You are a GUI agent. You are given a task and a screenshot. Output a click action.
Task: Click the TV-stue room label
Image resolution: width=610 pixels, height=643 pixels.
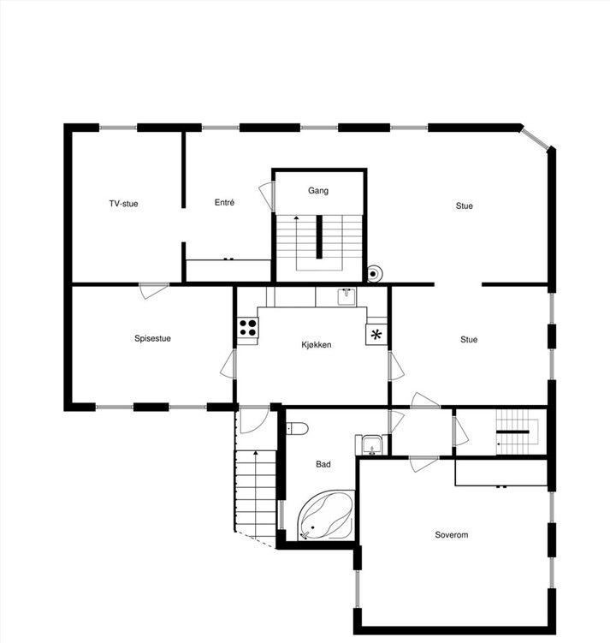click(x=123, y=204)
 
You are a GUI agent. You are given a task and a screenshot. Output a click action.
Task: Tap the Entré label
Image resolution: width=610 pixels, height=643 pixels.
click(x=224, y=203)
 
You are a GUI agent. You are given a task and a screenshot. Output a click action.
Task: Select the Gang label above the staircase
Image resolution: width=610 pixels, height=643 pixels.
click(x=318, y=191)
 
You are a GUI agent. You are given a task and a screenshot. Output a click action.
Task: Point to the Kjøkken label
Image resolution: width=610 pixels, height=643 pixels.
click(x=316, y=344)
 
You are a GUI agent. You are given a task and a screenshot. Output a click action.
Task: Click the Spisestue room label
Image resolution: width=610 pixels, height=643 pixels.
click(x=152, y=338)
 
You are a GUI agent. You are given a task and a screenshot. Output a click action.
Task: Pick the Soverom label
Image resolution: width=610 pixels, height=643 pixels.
click(x=451, y=535)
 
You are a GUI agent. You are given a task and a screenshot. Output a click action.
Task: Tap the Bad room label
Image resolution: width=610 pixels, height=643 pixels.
click(x=323, y=465)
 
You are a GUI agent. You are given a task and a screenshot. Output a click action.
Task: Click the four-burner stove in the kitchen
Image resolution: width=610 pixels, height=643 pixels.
click(x=248, y=327)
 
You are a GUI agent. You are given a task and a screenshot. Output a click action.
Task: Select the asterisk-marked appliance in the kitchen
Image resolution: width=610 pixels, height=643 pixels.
click(x=376, y=334)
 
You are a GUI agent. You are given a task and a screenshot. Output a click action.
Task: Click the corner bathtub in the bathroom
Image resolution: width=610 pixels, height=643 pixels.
click(x=327, y=516)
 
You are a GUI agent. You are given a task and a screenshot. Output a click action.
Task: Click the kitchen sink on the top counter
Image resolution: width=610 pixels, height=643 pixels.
click(x=346, y=296)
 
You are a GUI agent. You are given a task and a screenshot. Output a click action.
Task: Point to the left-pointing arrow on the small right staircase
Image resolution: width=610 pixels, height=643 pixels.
click(x=500, y=444)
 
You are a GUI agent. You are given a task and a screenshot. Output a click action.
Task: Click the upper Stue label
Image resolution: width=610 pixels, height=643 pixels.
click(x=464, y=205)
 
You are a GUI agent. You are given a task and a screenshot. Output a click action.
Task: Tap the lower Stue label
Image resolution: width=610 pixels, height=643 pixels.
click(x=469, y=340)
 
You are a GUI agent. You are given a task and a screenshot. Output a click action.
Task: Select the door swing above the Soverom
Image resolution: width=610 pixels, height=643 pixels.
click(x=423, y=465)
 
